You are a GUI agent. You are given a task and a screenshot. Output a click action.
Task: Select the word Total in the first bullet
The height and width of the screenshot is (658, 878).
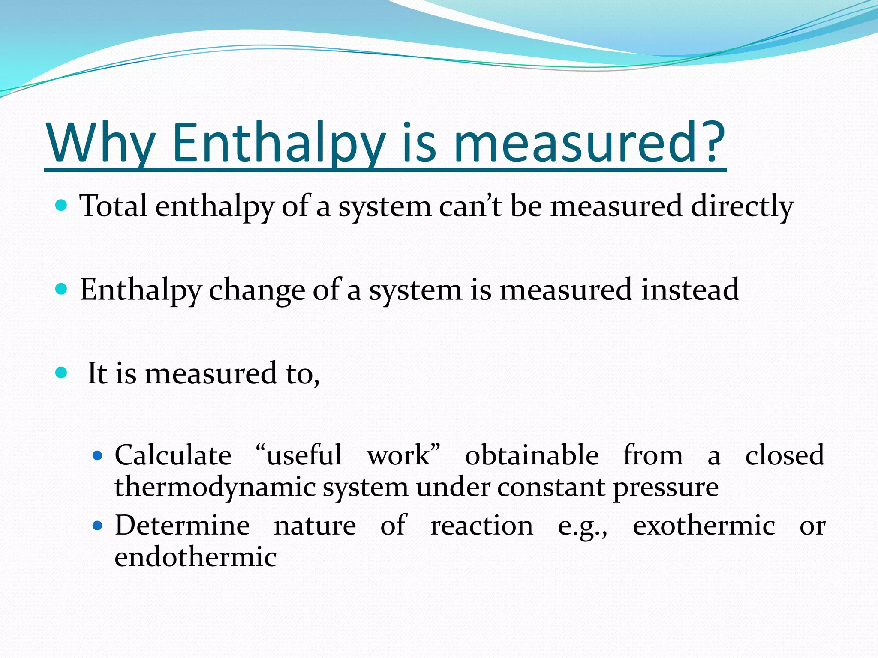coord(114,206)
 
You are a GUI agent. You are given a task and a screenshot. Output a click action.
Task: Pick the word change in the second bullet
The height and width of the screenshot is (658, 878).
coord(257,290)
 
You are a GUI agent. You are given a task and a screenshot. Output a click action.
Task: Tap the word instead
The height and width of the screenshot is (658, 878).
coord(690,290)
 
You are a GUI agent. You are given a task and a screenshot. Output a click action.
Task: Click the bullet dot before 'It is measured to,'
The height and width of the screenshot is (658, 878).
coord(62,373)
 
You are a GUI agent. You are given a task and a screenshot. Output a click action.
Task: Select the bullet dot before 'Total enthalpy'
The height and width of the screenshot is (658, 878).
coord(62,206)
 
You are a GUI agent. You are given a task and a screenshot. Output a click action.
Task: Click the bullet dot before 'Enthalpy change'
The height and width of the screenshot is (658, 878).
coord(62,289)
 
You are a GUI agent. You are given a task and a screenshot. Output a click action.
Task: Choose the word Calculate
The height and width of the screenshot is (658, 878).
coord(173,455)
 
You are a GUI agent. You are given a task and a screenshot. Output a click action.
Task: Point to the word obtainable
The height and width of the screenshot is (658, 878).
coord(532,455)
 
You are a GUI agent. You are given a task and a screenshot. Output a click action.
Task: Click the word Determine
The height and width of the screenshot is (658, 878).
coord(182,526)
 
